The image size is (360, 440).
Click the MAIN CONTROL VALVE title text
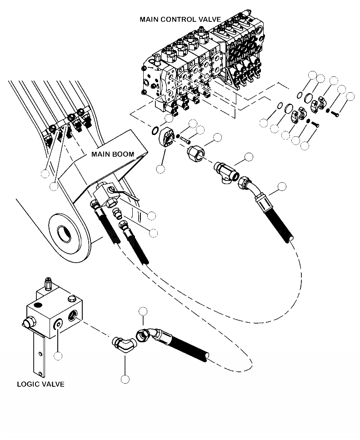point(180,20)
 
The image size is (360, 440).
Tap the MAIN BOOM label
point(113,154)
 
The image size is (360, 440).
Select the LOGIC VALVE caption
point(40,384)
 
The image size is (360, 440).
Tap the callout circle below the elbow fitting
point(125,379)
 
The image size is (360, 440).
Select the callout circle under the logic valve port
point(58,356)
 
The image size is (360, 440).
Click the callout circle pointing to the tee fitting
point(249,157)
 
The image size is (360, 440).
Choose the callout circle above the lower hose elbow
point(144,311)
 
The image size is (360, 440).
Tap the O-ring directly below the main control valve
point(156,131)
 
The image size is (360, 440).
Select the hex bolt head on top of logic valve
point(72,299)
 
